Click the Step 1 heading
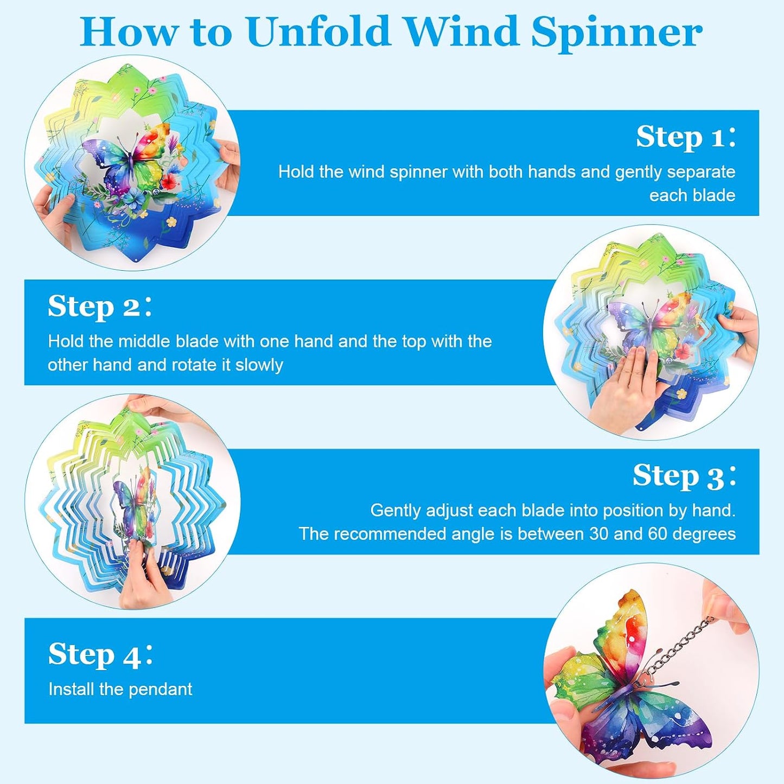686,137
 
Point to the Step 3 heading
684,476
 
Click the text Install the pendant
120,689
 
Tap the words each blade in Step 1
692,196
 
